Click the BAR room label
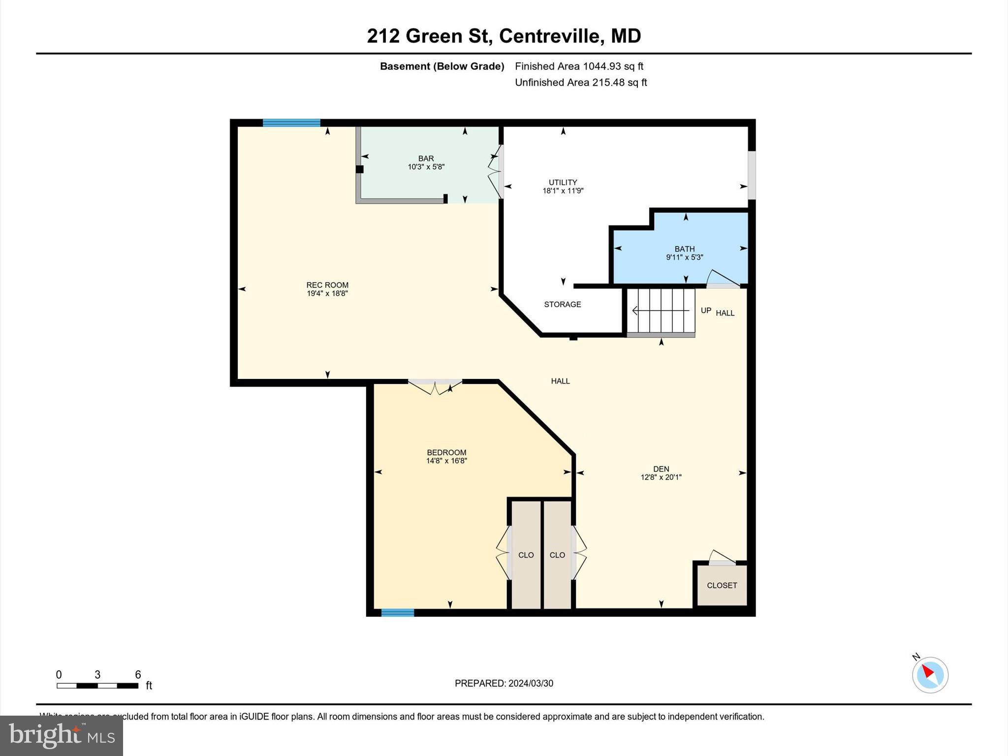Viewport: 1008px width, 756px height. [426, 158]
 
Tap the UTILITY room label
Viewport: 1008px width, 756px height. [563, 182]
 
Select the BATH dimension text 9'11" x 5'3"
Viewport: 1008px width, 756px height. [684, 257]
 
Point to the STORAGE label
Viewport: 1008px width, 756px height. [562, 305]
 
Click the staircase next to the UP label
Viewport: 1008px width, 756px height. [661, 311]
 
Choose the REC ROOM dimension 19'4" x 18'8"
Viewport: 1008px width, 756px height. [327, 293]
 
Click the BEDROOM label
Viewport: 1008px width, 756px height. [446, 452]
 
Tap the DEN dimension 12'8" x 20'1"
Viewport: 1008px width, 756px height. [661, 477]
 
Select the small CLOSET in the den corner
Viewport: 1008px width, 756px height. [722, 585]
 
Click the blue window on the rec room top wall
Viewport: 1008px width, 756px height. [291, 123]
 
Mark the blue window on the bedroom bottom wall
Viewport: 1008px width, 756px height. [397, 612]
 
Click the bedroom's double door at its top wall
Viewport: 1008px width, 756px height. [435, 386]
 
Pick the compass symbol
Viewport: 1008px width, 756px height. [930, 675]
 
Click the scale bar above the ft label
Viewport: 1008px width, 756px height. [97, 686]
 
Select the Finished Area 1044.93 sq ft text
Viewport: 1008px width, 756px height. [579, 66]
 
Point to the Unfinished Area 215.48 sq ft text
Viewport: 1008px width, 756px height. [580, 83]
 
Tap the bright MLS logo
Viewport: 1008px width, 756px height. [62, 735]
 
